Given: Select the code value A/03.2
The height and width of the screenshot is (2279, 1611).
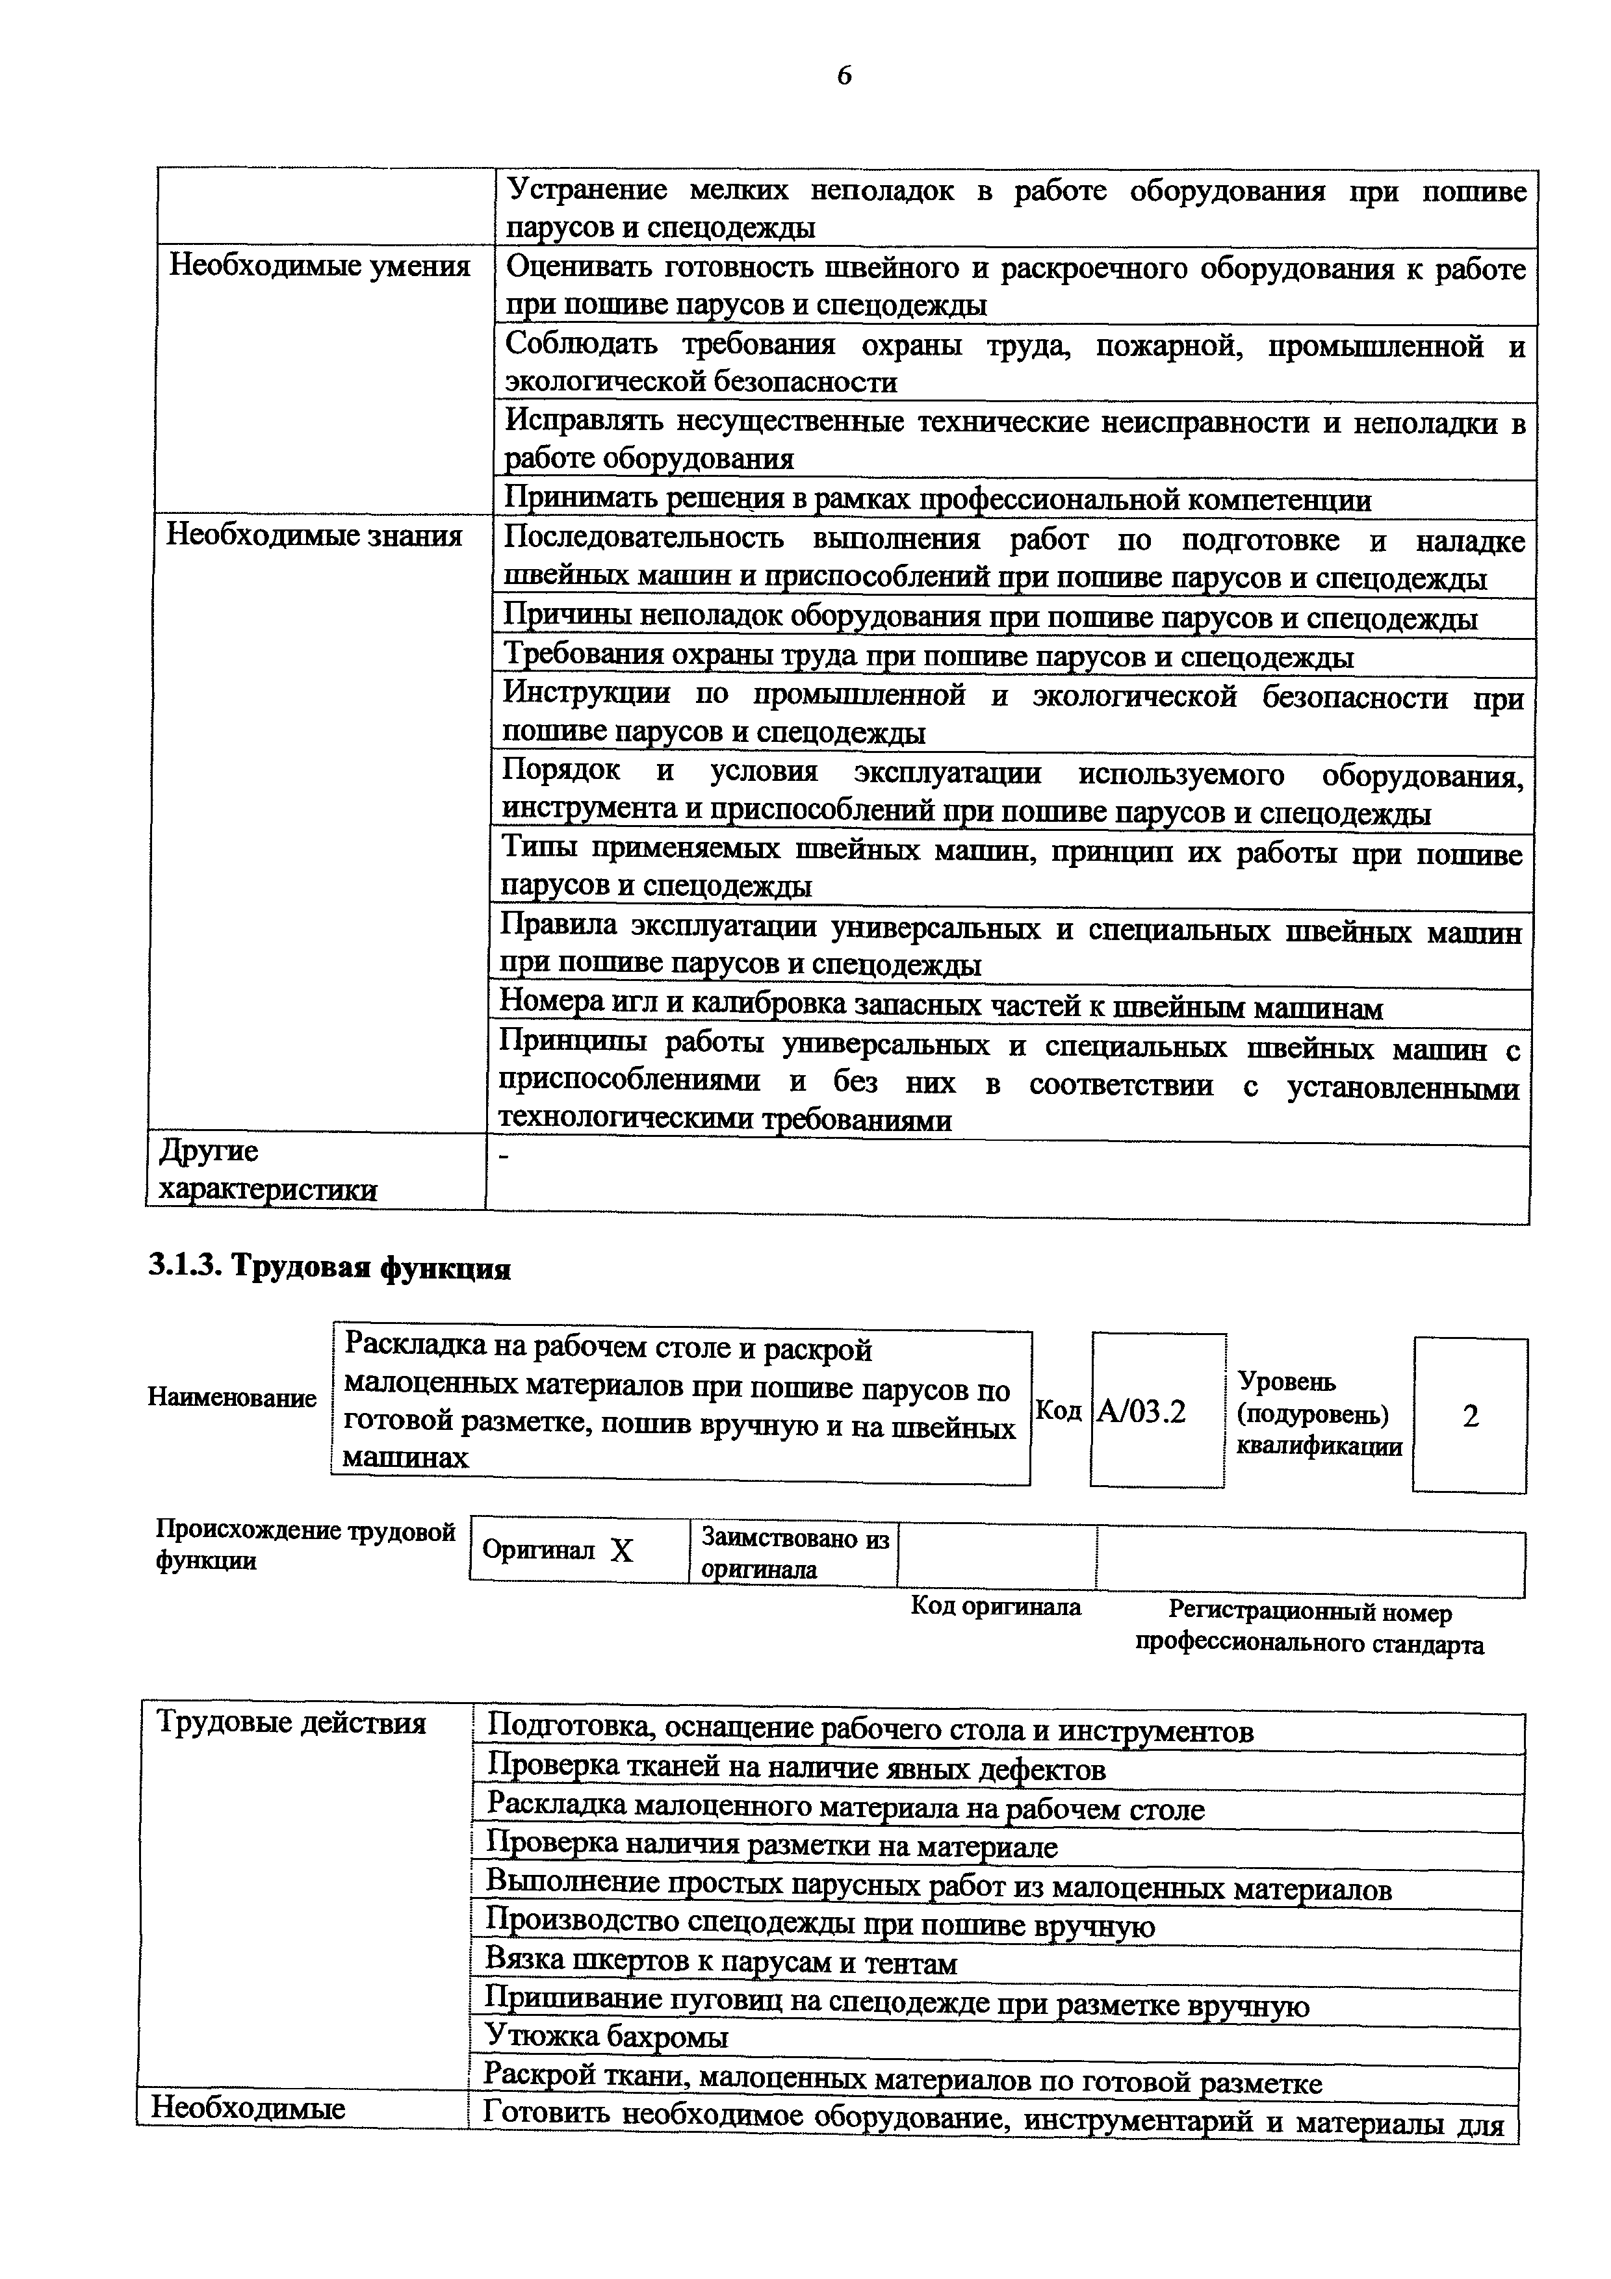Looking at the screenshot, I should coord(1142,1412).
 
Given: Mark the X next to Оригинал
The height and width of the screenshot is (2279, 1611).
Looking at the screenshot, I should coord(621,1551).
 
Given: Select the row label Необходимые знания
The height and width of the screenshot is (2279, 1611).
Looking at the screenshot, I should coord(315,536).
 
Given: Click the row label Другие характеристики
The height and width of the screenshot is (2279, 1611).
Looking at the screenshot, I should coord(268,1170).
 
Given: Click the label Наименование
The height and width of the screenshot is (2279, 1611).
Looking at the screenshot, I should coord(232,1397).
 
